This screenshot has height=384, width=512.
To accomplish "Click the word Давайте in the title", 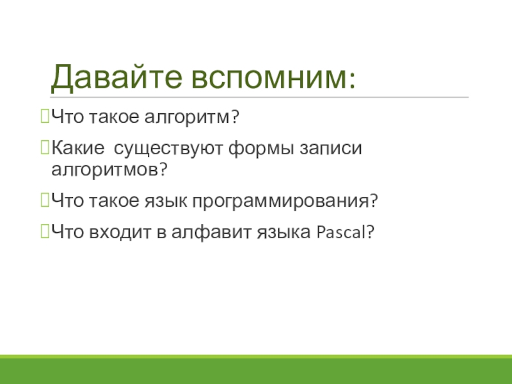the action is pos(116,77).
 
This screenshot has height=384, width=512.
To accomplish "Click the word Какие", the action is pos(77,148).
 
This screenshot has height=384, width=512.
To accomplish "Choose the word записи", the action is pos(331,148).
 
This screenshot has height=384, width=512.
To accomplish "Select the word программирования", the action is pos(282,202).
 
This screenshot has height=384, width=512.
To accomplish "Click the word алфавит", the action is pos(211,232).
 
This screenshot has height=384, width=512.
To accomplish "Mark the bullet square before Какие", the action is pos(45,147).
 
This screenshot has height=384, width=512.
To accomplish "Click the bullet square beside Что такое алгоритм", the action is pos(45,116).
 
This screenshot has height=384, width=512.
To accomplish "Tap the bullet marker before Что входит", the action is pos(45,232).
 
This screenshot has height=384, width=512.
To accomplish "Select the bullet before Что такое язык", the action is pos(45,200).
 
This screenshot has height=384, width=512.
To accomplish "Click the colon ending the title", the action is pos(351,80).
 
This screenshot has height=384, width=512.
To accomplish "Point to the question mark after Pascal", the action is pos(371,232).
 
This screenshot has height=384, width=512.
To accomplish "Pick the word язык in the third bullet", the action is pos(166,201).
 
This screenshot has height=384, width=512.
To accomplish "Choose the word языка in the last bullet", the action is pos(284,233).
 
